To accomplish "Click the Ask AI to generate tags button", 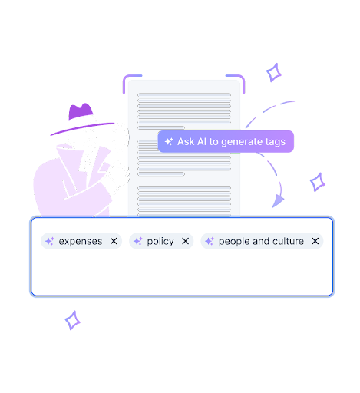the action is click(x=226, y=141).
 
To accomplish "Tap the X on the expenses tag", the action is click(x=114, y=241).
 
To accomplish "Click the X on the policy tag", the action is click(x=185, y=241).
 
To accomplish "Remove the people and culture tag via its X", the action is click(x=315, y=241).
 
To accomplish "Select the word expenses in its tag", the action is click(x=81, y=241).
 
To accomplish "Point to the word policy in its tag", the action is click(x=160, y=241).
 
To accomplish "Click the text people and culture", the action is click(x=261, y=241).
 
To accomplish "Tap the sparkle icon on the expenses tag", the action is click(x=50, y=241).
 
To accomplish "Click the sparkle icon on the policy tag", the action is click(x=138, y=241).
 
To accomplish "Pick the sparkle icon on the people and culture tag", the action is click(x=210, y=241).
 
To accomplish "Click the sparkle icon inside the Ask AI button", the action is click(x=169, y=141).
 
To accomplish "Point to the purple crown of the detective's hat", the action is click(x=81, y=111).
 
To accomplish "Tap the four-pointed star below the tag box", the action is click(x=72, y=320).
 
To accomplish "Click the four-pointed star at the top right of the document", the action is click(x=273, y=73).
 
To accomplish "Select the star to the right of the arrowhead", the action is click(x=317, y=182).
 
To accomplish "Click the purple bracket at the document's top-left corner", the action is click(x=125, y=80).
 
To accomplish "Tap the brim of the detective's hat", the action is click(x=82, y=128).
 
